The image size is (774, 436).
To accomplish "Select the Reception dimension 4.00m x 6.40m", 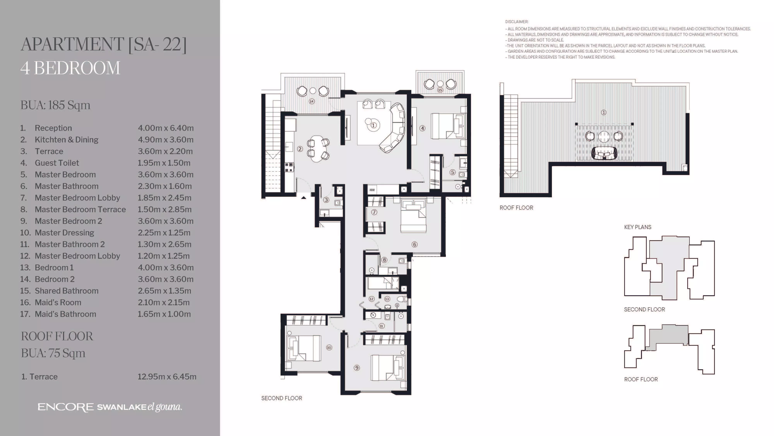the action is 166,128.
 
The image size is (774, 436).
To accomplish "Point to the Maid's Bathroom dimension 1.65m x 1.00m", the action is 164,314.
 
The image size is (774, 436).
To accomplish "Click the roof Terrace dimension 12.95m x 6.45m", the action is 167,377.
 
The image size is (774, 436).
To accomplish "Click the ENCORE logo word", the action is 66,407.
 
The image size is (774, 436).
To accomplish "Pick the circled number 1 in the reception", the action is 373,125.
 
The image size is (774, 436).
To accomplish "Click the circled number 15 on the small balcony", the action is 440,90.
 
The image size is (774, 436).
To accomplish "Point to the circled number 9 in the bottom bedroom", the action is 357,368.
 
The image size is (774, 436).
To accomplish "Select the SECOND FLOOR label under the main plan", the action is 282,398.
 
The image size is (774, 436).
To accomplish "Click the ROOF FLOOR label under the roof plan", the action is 516,208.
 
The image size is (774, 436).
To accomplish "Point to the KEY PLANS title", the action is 638,227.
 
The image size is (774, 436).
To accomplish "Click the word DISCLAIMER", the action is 516,22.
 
